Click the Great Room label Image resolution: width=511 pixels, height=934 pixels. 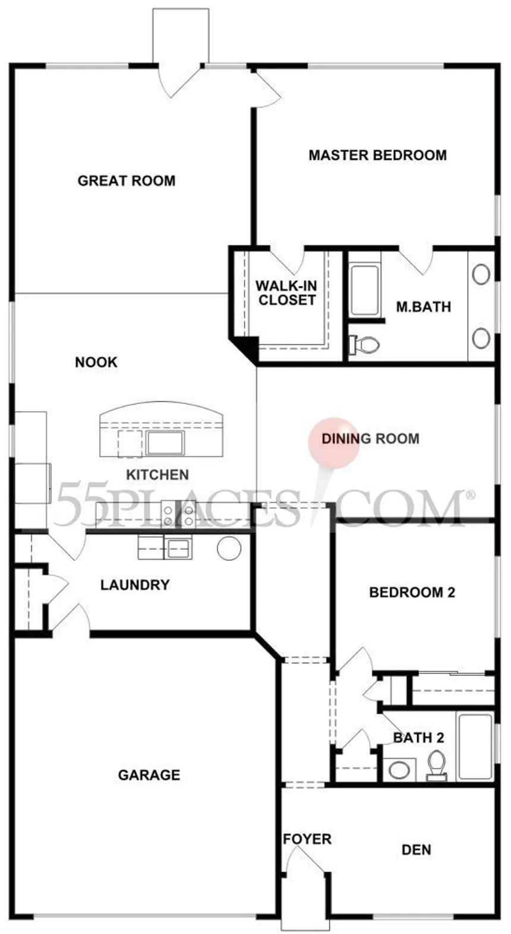(x=127, y=181)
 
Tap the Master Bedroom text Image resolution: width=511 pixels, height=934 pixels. (x=377, y=156)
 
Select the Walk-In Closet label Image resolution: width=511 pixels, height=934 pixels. (x=286, y=293)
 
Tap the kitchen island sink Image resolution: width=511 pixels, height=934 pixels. (x=165, y=443)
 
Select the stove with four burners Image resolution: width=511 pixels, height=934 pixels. (x=179, y=515)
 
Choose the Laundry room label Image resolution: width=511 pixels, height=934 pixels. (x=135, y=585)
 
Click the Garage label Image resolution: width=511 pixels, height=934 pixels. (x=149, y=775)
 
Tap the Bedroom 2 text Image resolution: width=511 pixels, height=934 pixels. (x=412, y=592)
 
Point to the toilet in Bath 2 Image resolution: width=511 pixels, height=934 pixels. (x=437, y=766)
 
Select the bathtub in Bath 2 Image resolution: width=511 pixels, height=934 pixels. (x=475, y=747)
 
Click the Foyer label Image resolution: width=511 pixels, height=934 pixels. (x=307, y=839)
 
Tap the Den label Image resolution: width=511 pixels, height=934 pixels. (x=416, y=850)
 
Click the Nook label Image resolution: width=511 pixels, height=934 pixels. (x=96, y=362)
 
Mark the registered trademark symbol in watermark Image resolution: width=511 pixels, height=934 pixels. (x=469, y=494)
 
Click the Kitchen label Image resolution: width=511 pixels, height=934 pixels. (x=157, y=475)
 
